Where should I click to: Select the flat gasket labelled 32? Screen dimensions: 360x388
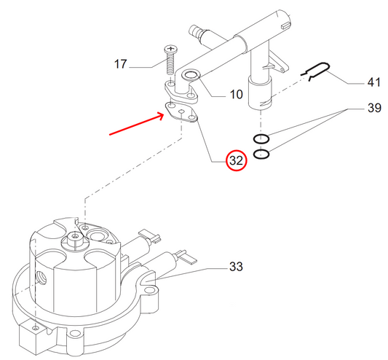(x=181, y=111)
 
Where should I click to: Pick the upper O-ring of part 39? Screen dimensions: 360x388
(x=262, y=138)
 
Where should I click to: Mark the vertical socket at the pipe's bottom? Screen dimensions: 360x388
(x=261, y=94)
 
